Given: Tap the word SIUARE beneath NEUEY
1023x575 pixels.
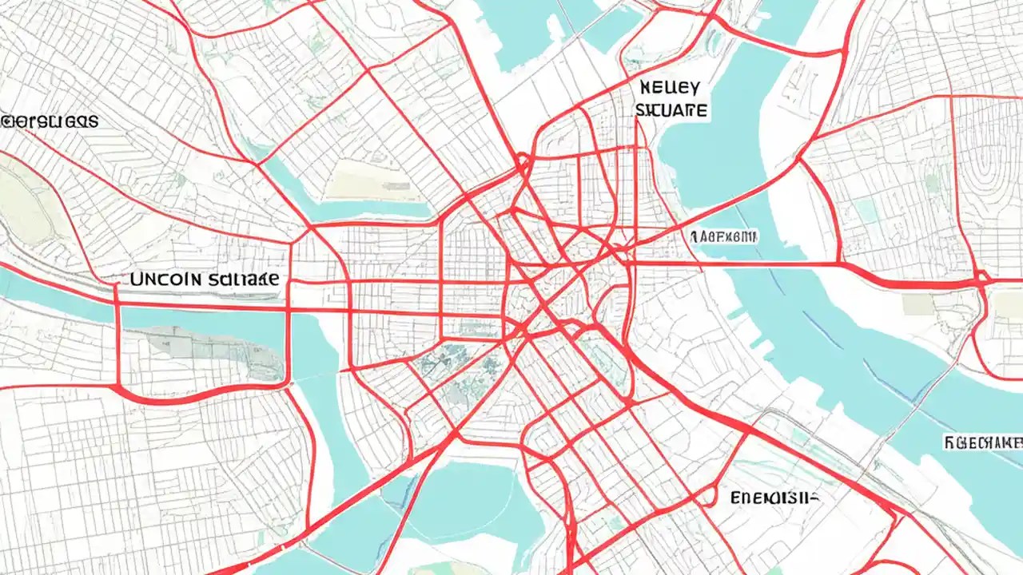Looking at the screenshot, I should coord(671,110).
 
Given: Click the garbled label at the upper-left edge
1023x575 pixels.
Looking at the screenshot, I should coord(50,121).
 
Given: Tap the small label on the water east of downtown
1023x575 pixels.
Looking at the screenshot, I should coord(723,236).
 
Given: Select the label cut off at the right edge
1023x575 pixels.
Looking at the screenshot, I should coord(983,441).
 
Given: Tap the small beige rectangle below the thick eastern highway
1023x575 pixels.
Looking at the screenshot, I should coord(917,304).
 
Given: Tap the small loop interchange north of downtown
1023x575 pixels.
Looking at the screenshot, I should coord(523,165).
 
